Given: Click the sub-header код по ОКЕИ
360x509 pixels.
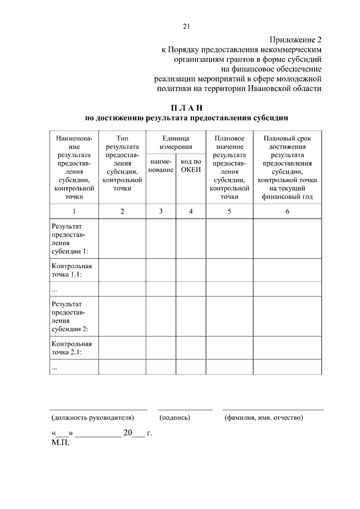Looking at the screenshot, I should pyautogui.click(x=191, y=166).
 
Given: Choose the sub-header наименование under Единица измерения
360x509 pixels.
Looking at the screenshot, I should pyautogui.click(x=161, y=166).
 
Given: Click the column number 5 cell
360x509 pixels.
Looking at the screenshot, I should pyautogui.click(x=229, y=211).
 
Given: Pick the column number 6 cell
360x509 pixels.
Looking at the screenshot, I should pyautogui.click(x=287, y=211).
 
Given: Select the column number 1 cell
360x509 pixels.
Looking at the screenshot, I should pyautogui.click(x=74, y=211).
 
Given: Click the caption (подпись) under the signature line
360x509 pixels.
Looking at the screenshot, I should pyautogui.click(x=175, y=418).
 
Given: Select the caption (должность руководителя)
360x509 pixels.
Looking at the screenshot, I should pyautogui.click(x=93, y=418).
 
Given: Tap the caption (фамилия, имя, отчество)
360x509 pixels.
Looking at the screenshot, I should pyautogui.click(x=263, y=418).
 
